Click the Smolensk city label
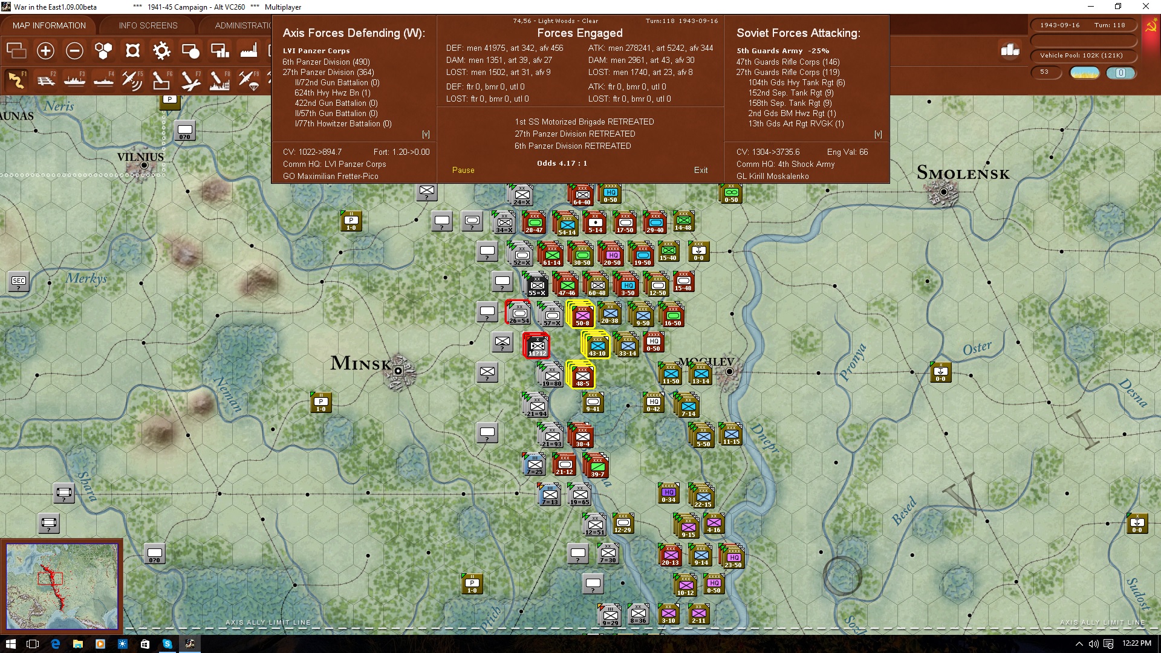pos(963,174)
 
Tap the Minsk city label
pos(360,363)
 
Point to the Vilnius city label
pos(140,157)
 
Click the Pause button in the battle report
pos(463,171)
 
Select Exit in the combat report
pos(701,171)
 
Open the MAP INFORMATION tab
pos(49,25)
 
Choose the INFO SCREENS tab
pos(148,25)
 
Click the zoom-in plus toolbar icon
pos(45,51)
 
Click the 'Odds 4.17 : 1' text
pos(562,163)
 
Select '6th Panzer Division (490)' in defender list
pos(326,62)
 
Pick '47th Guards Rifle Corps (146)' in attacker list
pos(787,62)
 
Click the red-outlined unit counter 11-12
pos(536,346)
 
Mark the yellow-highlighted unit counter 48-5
pos(582,376)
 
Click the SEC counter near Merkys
pos(19,282)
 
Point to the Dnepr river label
pos(765,438)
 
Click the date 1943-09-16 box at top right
pos(1059,25)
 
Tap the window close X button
pos(1145,7)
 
